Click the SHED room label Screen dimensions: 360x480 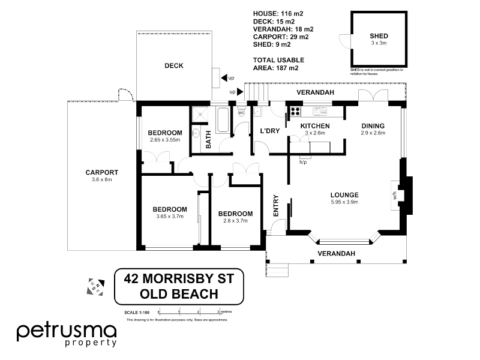click(x=379, y=36)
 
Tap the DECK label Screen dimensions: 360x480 click(x=174, y=66)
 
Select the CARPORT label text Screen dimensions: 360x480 click(x=101, y=172)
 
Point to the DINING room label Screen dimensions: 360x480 click(x=373, y=125)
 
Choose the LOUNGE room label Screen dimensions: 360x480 click(x=344, y=194)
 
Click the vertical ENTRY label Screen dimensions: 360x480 click(x=277, y=206)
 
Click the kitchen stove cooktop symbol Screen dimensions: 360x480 click(x=295, y=111)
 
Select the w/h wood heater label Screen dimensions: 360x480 click(x=395, y=195)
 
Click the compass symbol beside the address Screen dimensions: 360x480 click(x=95, y=286)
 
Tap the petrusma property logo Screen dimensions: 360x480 click(x=66, y=334)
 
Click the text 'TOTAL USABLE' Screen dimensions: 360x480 click(x=279, y=60)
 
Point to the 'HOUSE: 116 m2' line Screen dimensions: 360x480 click(x=279, y=14)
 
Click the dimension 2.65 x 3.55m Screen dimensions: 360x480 click(x=165, y=140)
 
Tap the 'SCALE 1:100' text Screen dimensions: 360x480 click(x=137, y=312)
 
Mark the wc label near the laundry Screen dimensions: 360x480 click(x=241, y=112)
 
